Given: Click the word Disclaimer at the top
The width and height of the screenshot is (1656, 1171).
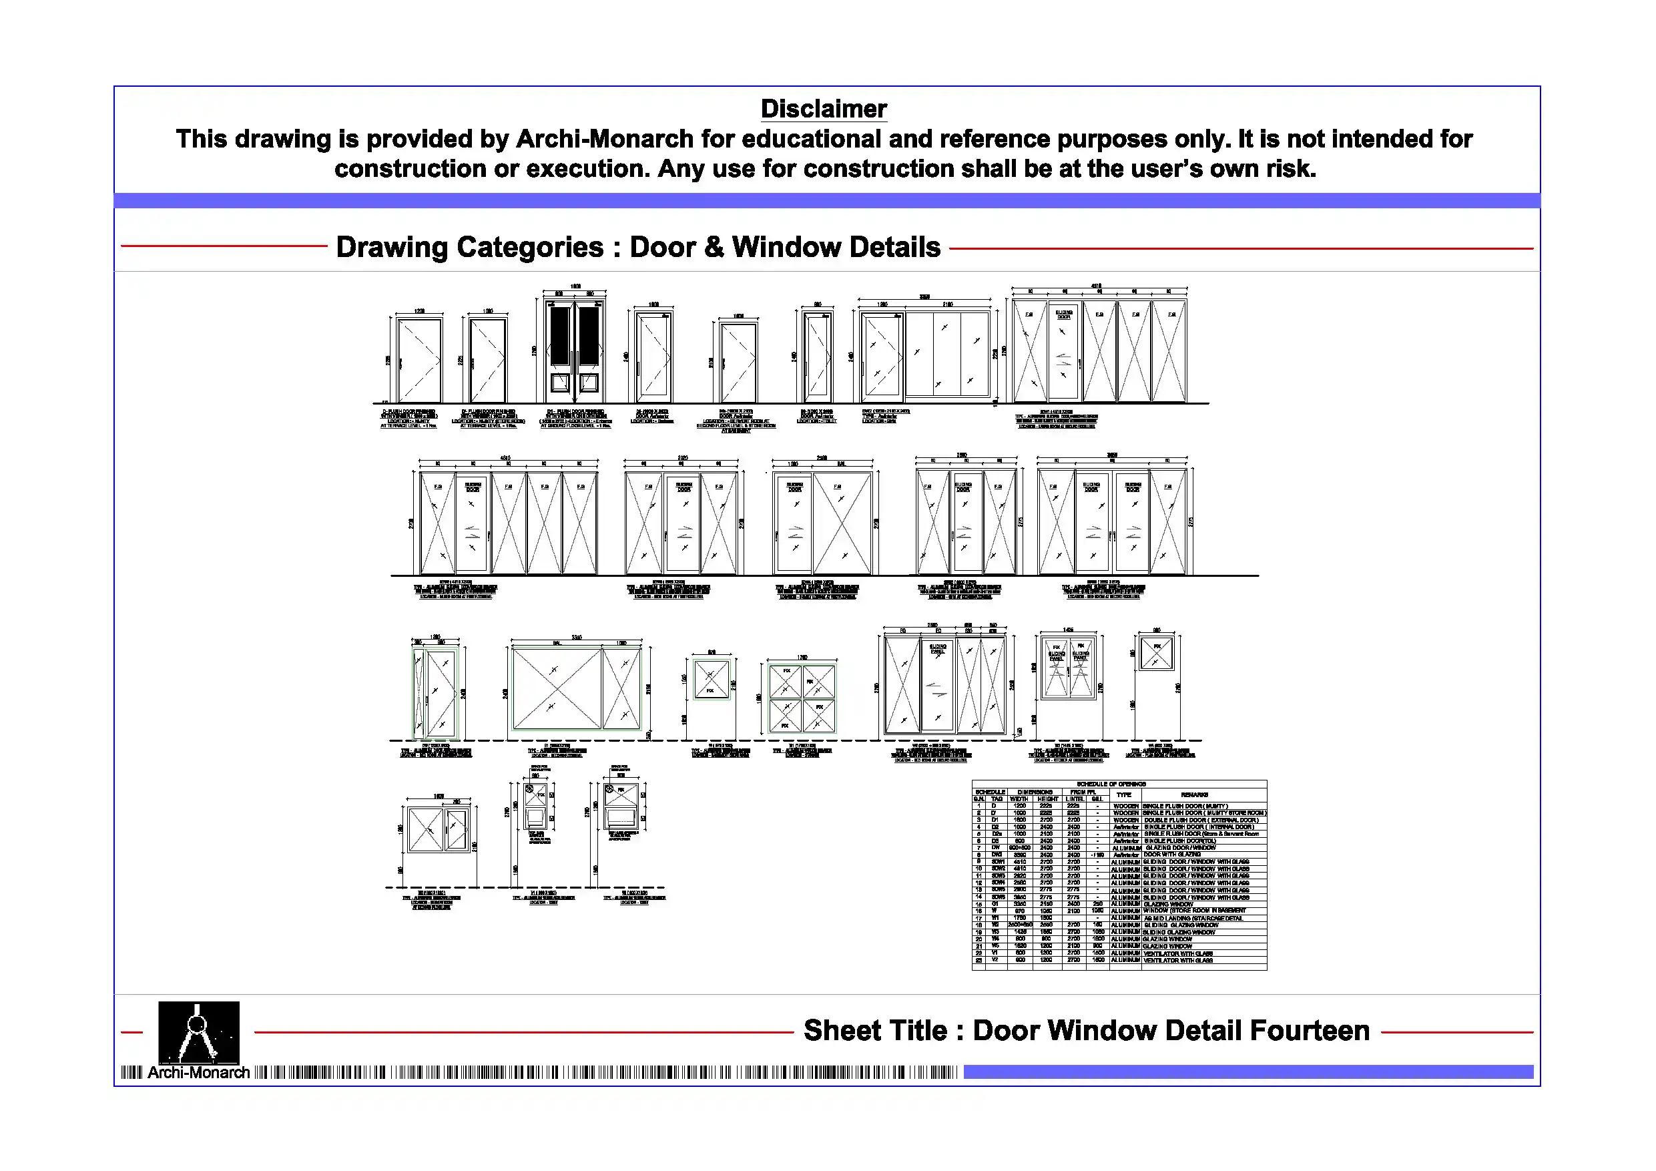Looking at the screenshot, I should [824, 109].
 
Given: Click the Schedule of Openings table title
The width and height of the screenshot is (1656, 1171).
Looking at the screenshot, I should [1111, 784].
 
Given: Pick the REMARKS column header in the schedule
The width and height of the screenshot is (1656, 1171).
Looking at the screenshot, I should [1194, 794].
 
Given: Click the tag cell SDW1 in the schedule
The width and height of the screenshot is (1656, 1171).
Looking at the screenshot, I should [999, 861].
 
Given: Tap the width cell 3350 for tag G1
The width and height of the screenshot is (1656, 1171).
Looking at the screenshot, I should [1019, 903].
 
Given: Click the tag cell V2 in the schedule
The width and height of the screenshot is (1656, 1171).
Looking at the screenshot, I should [995, 959].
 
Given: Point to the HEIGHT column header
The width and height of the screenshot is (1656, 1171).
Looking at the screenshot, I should [1047, 798].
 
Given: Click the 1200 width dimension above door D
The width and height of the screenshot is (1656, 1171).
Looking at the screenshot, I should [419, 311].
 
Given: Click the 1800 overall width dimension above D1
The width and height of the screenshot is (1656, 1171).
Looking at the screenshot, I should [575, 286].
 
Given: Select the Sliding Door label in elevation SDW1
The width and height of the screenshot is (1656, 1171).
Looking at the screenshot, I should [1064, 314].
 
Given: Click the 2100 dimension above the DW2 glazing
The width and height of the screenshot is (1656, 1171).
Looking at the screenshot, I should [947, 304].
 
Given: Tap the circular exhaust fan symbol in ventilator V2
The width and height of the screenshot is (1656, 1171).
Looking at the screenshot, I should [609, 788].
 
